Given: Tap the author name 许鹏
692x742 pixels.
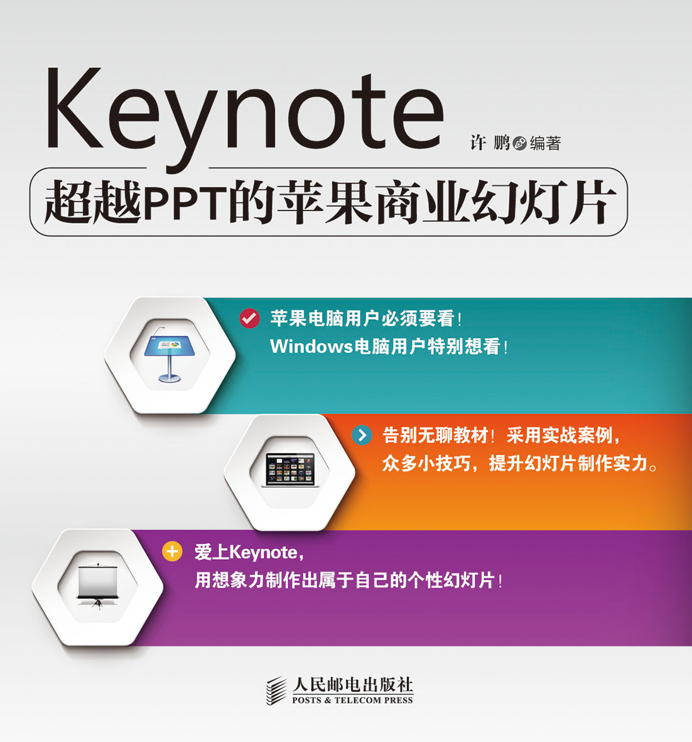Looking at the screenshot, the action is click(x=490, y=143).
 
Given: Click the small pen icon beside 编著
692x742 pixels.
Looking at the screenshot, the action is click(x=520, y=143).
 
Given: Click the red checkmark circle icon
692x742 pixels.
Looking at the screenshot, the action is click(x=249, y=319).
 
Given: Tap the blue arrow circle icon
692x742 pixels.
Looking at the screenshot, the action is click(x=362, y=435).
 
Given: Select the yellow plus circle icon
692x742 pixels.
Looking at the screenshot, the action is click(x=172, y=551).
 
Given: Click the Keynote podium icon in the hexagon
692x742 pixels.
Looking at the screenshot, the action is click(x=170, y=354).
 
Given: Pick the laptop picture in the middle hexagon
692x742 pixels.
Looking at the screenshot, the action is click(x=289, y=470).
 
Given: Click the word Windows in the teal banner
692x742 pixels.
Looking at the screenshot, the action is click(x=311, y=346).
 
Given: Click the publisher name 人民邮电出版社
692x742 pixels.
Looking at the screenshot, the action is click(x=352, y=685).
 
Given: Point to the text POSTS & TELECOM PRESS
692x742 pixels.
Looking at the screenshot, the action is click(x=352, y=701).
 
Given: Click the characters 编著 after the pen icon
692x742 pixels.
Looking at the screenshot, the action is click(x=545, y=143).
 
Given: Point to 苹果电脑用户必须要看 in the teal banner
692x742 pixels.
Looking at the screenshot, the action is click(x=362, y=319).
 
